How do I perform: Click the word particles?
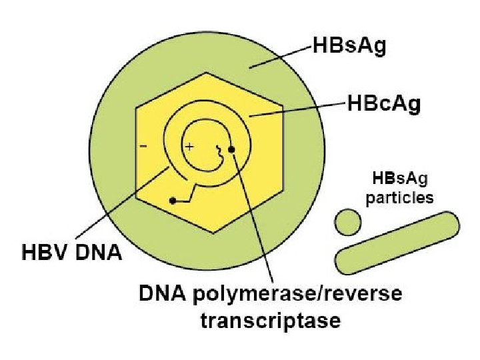[400, 198]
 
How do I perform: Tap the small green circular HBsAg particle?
[347, 221]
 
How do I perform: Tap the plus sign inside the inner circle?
[189, 146]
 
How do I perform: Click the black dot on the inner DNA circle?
[231, 149]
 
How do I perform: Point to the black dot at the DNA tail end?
[173, 200]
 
